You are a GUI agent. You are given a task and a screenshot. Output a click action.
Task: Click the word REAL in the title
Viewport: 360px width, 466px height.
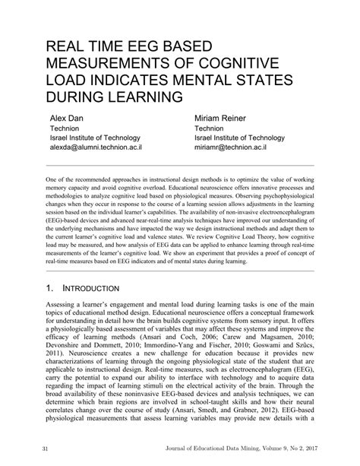68,46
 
